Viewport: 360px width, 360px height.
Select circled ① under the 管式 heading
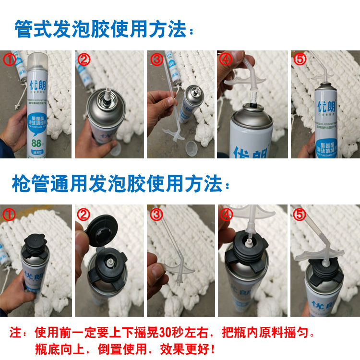[x=10, y=60]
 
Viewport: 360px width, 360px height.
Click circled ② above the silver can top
[x=84, y=60]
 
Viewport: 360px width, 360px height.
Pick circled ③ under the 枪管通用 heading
[x=156, y=214]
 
